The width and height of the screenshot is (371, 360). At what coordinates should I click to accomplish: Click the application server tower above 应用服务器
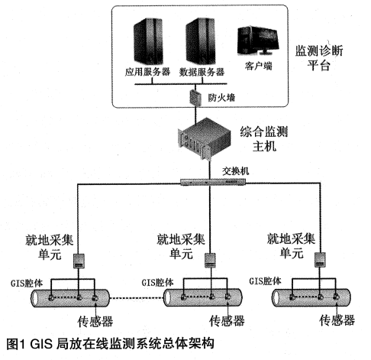pos(148,41)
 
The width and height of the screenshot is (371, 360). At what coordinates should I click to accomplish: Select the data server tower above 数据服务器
pos(201,41)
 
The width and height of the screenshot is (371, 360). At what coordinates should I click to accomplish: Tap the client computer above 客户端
pos(257,41)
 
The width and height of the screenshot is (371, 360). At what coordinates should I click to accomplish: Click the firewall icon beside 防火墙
pos(195,97)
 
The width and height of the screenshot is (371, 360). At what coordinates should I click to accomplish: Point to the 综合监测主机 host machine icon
pos(204,139)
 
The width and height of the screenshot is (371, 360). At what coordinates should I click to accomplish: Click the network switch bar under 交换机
pos(213,182)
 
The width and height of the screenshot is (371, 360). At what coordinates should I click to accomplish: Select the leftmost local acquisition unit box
pos(79,261)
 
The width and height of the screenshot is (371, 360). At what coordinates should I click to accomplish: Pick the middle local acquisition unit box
pos(210,260)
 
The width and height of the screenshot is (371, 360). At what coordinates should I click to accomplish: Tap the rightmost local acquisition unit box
pos(320,260)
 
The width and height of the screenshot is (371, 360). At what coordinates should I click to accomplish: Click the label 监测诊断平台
pos(319,58)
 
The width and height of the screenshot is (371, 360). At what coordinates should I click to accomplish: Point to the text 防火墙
pos(221,98)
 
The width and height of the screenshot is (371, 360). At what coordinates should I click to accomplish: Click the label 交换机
pos(236,171)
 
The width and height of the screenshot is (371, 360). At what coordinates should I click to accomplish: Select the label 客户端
pos(259,66)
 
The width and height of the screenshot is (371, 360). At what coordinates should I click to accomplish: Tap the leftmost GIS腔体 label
pos(27,284)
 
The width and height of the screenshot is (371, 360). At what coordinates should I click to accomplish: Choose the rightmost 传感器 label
pos(337,320)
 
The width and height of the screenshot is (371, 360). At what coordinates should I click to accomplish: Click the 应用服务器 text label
pos(147,72)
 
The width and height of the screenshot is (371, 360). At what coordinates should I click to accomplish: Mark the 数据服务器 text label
pos(202,72)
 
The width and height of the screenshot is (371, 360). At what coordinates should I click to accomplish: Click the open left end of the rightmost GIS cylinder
pos(276,297)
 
